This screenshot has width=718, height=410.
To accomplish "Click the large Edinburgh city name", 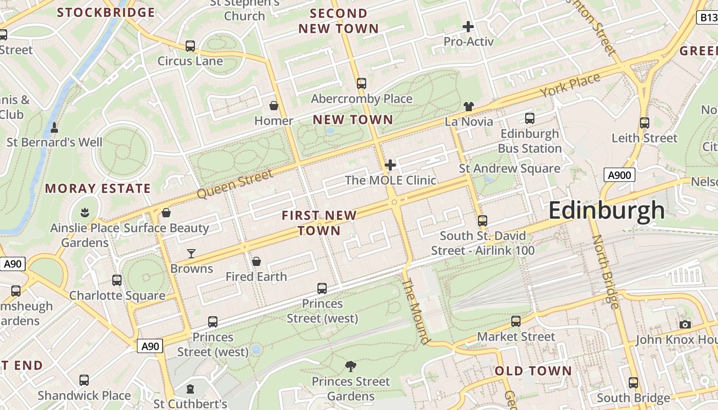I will pyautogui.click(x=606, y=211).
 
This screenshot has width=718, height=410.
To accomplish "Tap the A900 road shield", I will pyautogui.click(x=619, y=175).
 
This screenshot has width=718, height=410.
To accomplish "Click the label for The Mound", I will pyautogui.click(x=415, y=311).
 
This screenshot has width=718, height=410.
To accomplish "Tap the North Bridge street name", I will pyautogui.click(x=605, y=272).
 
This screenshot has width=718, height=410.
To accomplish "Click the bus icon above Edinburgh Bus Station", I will pyautogui.click(x=530, y=118).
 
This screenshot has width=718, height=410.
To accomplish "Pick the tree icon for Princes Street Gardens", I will pyautogui.click(x=351, y=366).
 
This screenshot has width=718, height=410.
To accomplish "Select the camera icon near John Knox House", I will pyautogui.click(x=685, y=324).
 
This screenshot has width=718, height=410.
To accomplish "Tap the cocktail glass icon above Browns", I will pyautogui.click(x=191, y=253).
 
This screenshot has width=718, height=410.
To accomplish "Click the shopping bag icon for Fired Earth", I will pyautogui.click(x=256, y=261).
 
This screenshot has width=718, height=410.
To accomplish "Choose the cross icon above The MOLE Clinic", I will pyautogui.click(x=390, y=165).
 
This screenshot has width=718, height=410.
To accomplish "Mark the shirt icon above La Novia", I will pyautogui.click(x=469, y=107).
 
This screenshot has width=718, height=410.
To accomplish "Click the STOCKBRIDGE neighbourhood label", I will pyautogui.click(x=106, y=13).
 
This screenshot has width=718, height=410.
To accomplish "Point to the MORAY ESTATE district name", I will pyautogui.click(x=98, y=188).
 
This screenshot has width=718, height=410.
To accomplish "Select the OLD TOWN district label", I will pyautogui.click(x=533, y=371).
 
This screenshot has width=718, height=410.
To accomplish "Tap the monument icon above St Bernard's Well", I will pyautogui.click(x=54, y=127).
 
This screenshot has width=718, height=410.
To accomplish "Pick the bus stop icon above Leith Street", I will pyautogui.click(x=645, y=123).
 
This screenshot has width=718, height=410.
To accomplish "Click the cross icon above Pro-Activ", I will pyautogui.click(x=468, y=26).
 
